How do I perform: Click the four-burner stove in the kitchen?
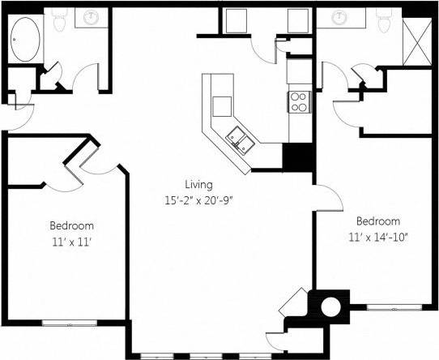tap(298, 101)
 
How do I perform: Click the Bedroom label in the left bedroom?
tap(72, 226)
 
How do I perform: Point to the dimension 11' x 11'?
tap(72, 241)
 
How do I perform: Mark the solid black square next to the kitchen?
tap(297, 156)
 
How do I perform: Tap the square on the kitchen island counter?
tap(221, 105)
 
